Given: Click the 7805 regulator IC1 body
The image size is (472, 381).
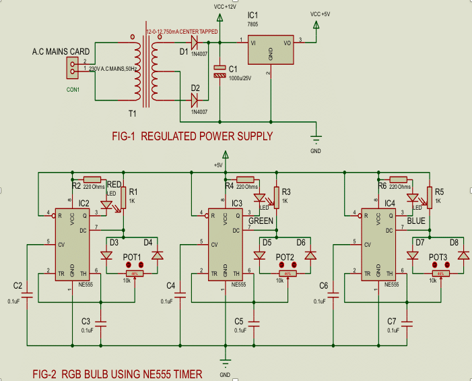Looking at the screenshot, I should [x=271, y=50].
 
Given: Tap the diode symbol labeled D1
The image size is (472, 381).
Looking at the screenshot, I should [x=196, y=42].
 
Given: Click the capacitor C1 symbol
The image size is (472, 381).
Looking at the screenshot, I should [x=220, y=72].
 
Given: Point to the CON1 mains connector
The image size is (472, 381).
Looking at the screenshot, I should [x=71, y=66].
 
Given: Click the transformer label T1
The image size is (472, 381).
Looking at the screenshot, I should [x=133, y=113].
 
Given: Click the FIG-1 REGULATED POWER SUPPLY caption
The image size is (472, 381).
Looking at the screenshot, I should [x=193, y=136].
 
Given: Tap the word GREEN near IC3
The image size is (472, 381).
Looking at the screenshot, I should [x=261, y=221].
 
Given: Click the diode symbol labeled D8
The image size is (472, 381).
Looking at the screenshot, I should [x=463, y=256].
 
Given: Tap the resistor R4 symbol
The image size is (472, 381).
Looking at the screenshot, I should [x=246, y=178].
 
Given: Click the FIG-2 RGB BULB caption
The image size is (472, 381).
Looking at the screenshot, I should [x=118, y=373].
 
